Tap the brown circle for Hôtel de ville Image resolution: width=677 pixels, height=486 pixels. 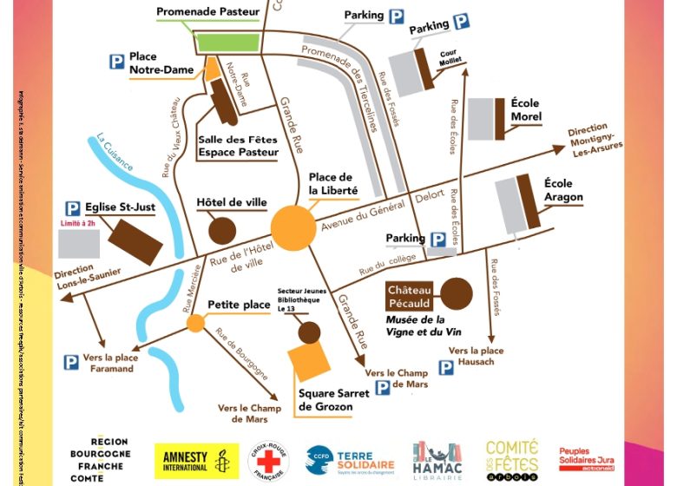pyautogui.click(x=222, y=230)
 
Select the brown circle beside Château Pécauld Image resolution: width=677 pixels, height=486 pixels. pyautogui.click(x=457, y=293)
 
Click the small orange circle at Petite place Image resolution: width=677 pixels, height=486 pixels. pyautogui.click(x=196, y=324)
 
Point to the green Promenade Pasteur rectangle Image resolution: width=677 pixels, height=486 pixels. pyautogui.click(x=225, y=42)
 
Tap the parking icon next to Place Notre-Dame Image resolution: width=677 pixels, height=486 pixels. pyautogui.click(x=115, y=62)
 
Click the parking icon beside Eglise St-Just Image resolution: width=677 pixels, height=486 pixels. pyautogui.click(x=74, y=209)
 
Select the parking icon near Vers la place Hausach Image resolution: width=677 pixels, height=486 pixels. pyautogui.click(x=445, y=367)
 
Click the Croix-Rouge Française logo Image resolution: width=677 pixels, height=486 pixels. pyautogui.click(x=269, y=461)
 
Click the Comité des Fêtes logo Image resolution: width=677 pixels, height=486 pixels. pyautogui.click(x=511, y=459)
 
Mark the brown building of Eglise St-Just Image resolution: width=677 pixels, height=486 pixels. pyautogui.click(x=135, y=241)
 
